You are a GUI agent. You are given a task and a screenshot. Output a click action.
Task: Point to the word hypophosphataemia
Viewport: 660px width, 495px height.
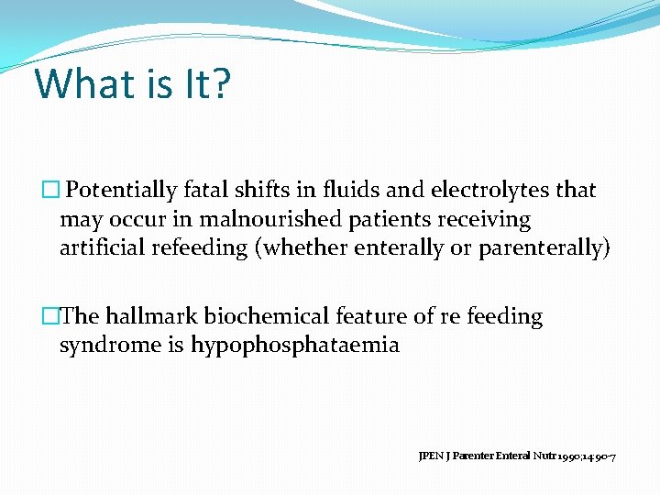tap(294, 346)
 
